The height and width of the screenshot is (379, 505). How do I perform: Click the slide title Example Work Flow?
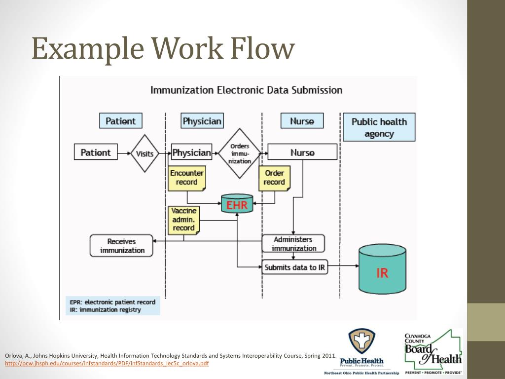[163, 50]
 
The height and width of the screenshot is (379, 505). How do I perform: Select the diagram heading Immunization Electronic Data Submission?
[246, 90]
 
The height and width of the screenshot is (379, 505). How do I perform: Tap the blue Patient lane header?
[120, 121]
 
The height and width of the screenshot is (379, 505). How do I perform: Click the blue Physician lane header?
[202, 121]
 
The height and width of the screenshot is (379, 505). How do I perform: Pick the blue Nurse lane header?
[302, 121]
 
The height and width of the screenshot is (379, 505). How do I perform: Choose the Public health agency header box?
[379, 127]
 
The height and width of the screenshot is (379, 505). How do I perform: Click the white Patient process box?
[96, 152]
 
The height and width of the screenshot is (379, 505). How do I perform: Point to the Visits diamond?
[144, 153]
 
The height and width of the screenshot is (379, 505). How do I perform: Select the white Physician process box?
[191, 152]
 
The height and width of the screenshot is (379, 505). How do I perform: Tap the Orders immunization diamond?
[240, 153]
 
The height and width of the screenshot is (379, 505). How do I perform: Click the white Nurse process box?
[302, 152]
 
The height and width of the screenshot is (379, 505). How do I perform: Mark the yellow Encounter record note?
[187, 178]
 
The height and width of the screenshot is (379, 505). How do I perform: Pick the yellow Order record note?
[274, 178]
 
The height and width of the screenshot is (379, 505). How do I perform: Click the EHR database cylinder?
[237, 204]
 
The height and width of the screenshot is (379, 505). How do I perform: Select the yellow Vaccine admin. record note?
[183, 220]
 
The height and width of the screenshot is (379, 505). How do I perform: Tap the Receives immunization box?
[122, 246]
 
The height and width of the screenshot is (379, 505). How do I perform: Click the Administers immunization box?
[293, 244]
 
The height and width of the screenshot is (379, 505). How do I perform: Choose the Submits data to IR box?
[294, 267]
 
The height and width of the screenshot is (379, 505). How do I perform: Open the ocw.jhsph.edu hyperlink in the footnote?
[107, 364]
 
